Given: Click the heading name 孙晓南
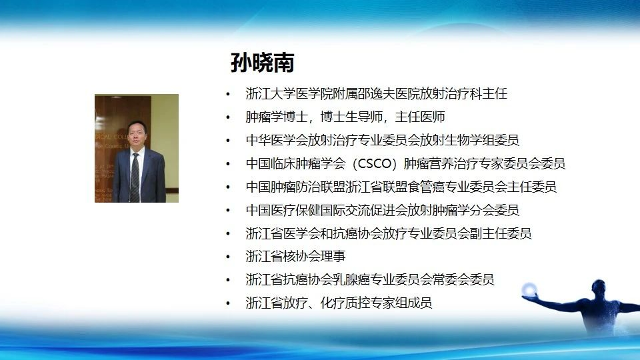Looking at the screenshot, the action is click(262, 63).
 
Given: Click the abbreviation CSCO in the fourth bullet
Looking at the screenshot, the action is click(374, 164).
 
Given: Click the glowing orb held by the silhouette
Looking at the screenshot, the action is click(529, 289).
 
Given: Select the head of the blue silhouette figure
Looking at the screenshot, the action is click(599, 286).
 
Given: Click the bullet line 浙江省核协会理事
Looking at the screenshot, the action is click(295, 256).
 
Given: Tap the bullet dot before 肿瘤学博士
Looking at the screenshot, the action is click(228, 117).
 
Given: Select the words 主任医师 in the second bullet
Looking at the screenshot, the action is click(420, 117).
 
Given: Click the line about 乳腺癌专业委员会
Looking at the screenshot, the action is click(370, 279).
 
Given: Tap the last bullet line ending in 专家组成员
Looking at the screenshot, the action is click(339, 303).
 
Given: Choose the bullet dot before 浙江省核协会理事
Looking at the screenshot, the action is click(228, 257).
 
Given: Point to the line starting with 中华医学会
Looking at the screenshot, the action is click(383, 141).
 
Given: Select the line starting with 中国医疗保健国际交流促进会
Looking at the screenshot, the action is click(383, 210).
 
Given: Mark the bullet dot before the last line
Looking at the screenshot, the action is click(228, 303).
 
